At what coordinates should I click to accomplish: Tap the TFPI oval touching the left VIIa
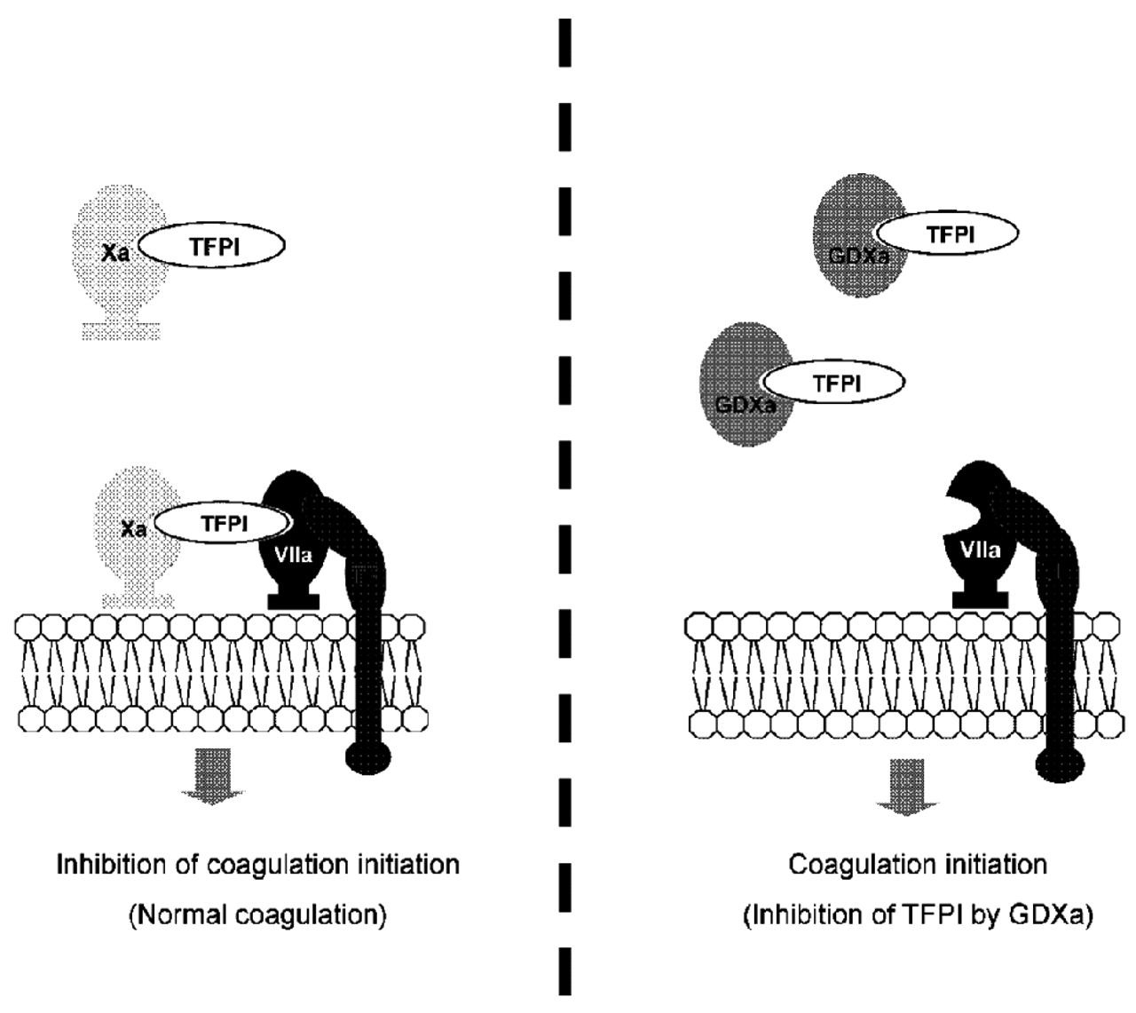tap(224, 524)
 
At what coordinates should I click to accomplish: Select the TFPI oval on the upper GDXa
tap(949, 234)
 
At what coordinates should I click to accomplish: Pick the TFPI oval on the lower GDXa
tap(835, 383)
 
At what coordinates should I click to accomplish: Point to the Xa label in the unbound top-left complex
tap(115, 253)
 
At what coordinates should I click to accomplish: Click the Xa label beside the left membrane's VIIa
tap(133, 529)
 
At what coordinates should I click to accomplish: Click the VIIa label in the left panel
tap(292, 555)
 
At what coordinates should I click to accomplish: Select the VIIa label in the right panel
tap(980, 550)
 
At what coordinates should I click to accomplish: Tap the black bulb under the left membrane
tap(367, 756)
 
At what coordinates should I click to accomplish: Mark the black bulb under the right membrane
tap(1061, 763)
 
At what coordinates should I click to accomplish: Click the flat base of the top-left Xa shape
tap(121, 331)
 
